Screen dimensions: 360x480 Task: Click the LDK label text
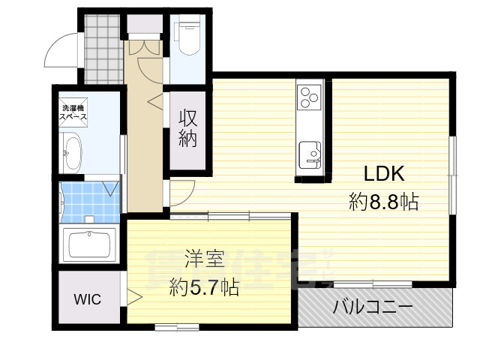(x=384, y=174)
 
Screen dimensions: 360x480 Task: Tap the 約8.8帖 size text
(x=383, y=201)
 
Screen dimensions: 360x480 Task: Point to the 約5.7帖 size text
(x=204, y=286)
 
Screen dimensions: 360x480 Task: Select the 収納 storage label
(x=188, y=128)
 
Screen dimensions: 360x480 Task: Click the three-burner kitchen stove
(x=310, y=96)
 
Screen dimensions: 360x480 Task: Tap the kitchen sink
(x=310, y=154)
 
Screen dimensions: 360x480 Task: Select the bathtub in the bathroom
(x=89, y=245)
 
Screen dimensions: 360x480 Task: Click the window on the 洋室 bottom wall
(x=176, y=326)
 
